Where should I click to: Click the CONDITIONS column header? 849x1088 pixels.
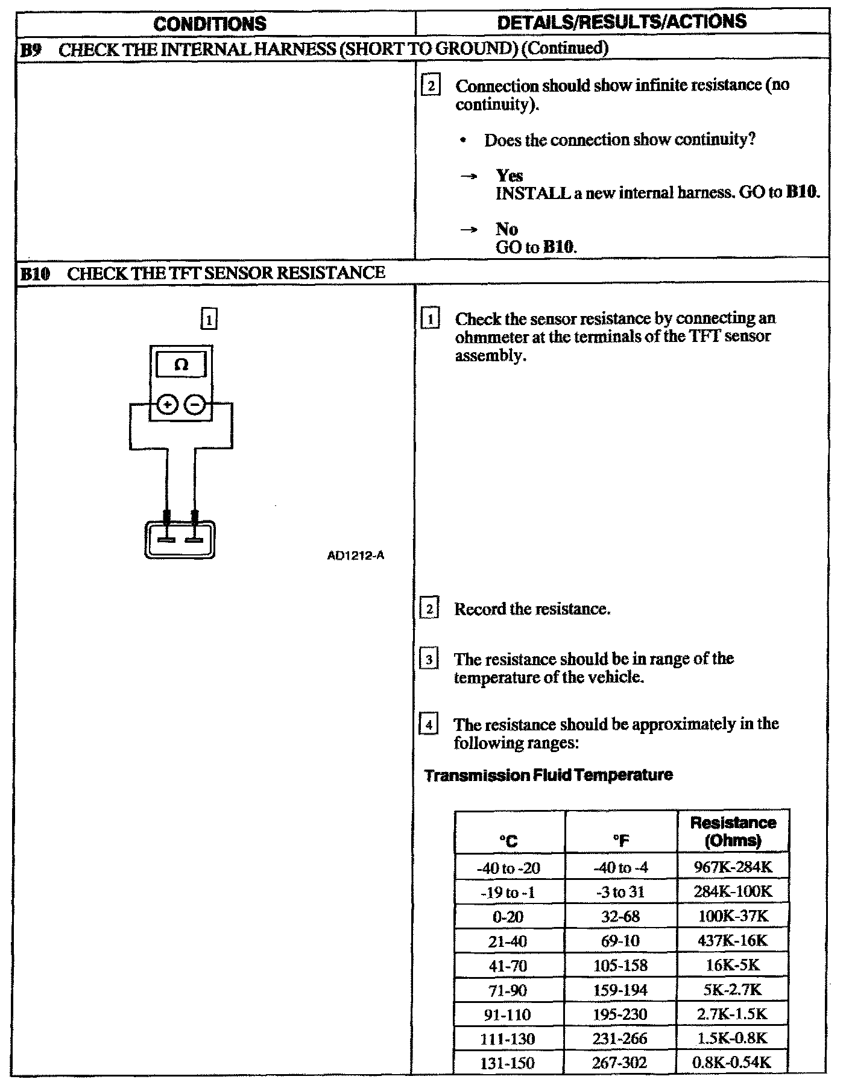(x=210, y=24)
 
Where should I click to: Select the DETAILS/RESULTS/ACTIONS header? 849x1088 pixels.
(x=622, y=22)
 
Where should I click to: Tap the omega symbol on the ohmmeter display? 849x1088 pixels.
(x=181, y=365)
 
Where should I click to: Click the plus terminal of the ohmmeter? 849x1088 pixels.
(x=167, y=405)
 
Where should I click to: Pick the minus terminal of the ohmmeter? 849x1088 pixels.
(x=194, y=405)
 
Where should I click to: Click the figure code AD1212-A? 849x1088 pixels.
(x=355, y=555)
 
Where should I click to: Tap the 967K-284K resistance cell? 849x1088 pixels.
(x=733, y=867)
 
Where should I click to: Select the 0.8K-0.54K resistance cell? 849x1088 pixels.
(x=733, y=1062)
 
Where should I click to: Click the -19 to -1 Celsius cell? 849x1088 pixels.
(x=508, y=893)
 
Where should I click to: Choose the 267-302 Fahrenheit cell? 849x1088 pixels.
(x=620, y=1063)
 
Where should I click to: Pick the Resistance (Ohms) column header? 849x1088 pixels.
(x=733, y=831)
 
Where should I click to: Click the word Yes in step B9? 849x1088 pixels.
(x=510, y=176)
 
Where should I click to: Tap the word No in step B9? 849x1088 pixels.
(x=507, y=229)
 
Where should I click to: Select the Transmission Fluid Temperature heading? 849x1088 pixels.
(x=549, y=775)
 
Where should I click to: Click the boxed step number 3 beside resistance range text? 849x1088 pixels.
(x=428, y=659)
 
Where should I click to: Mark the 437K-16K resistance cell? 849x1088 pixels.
(x=733, y=940)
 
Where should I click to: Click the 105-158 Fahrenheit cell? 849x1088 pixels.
(x=620, y=966)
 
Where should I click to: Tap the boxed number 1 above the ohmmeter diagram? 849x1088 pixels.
(x=209, y=319)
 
